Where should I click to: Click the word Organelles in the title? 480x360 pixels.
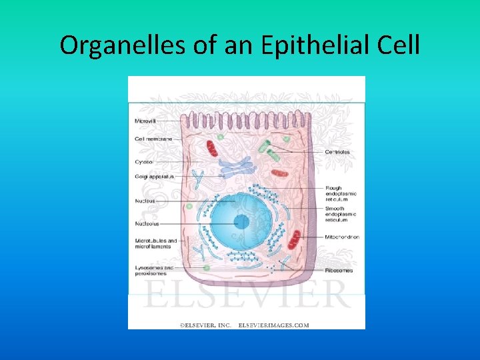point(109,45)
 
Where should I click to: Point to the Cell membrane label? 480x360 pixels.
point(153,139)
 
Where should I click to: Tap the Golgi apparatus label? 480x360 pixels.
point(154,177)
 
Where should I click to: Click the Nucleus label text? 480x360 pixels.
point(145,200)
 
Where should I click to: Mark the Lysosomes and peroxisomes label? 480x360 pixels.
point(154,270)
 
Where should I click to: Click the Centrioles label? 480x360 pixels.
point(337,152)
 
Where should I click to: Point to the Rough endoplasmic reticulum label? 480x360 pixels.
point(341,193)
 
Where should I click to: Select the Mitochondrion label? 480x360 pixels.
point(343,237)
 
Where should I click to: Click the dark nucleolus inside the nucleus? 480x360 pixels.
point(241,221)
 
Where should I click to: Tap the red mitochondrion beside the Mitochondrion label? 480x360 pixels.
point(294,239)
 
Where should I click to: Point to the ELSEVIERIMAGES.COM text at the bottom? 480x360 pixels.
point(274,325)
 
